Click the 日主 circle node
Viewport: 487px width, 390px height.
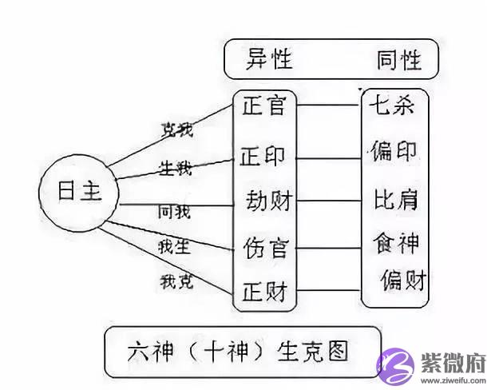(x=77, y=193)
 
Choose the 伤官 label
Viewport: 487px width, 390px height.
(x=264, y=243)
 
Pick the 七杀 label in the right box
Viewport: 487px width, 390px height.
(x=391, y=105)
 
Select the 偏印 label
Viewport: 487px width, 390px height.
(x=394, y=150)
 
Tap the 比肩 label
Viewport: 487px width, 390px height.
(x=396, y=197)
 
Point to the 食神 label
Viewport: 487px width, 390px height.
(x=396, y=240)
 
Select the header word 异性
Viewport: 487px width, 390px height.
(x=269, y=58)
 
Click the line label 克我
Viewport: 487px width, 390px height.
(x=176, y=127)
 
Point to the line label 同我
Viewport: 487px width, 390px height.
(x=174, y=211)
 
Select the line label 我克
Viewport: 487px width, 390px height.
(x=176, y=280)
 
